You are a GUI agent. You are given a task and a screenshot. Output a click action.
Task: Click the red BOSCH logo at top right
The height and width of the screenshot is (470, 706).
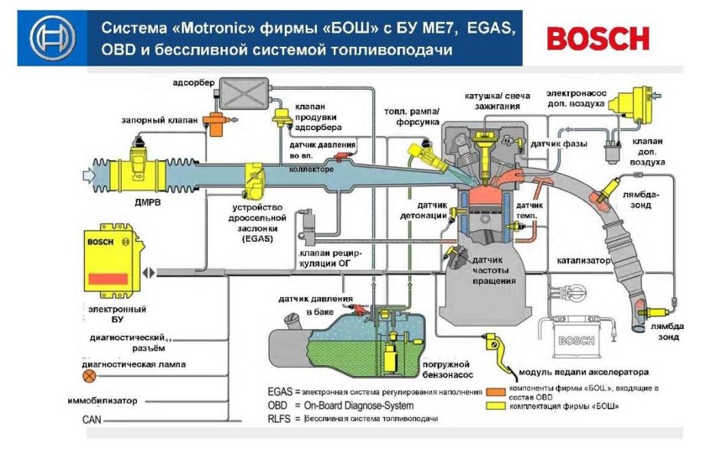(598, 38)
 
